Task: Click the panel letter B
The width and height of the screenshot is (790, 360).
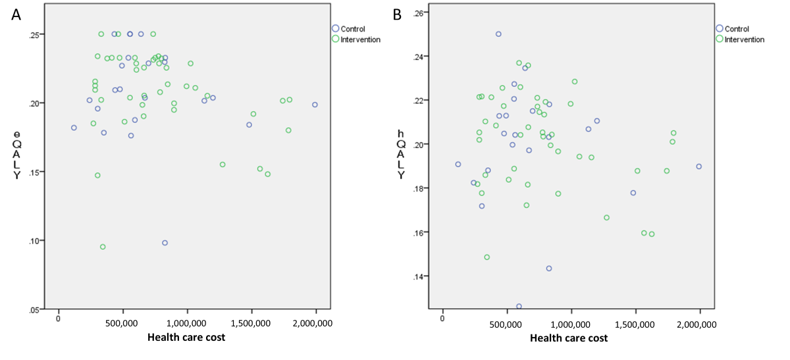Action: pyautogui.click(x=397, y=14)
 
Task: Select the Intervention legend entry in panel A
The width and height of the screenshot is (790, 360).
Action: pyautogui.click(x=360, y=39)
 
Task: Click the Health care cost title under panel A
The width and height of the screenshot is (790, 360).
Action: pyautogui.click(x=185, y=338)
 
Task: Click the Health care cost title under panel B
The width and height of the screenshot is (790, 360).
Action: pyautogui.click(x=569, y=338)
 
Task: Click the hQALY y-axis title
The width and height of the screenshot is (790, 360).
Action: pyautogui.click(x=401, y=155)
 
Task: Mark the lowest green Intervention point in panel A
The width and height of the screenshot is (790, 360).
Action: pyautogui.click(x=103, y=247)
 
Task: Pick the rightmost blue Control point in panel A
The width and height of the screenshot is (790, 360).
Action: pyautogui.click(x=315, y=105)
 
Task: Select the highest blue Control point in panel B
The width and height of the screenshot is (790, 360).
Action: pyautogui.click(x=498, y=34)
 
